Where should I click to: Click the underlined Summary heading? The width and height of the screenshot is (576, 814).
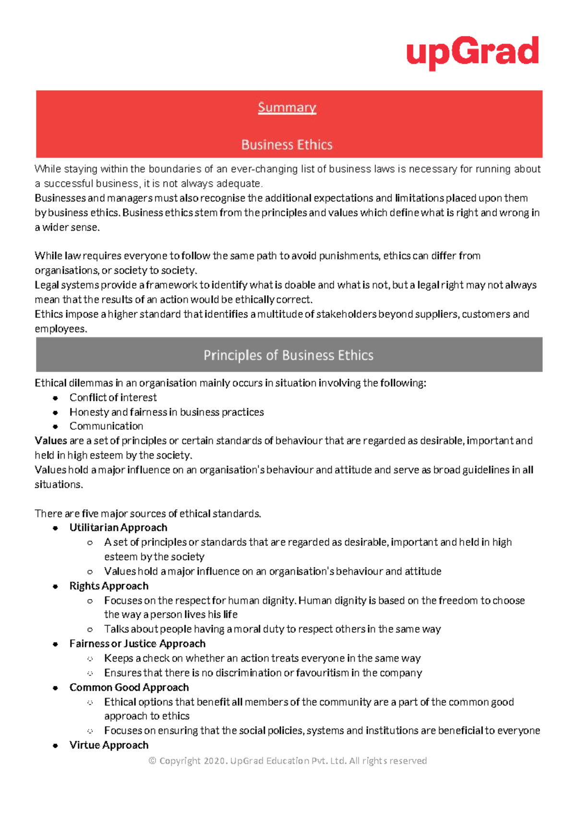[x=287, y=107]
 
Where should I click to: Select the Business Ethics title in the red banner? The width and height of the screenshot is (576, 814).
[x=287, y=144]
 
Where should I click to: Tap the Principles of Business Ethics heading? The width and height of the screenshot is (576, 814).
[x=288, y=355]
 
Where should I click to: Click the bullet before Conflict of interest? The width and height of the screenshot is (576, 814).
[x=56, y=398]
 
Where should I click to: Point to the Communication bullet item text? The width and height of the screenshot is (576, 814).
[x=106, y=426]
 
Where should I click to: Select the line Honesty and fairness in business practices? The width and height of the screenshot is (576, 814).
[x=167, y=412]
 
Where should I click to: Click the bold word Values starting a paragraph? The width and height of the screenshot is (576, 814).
[x=51, y=440]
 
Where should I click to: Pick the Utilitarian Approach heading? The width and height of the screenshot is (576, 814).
[x=118, y=528]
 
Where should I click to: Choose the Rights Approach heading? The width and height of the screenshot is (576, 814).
[x=109, y=586]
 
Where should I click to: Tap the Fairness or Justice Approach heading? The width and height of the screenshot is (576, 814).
[x=137, y=644]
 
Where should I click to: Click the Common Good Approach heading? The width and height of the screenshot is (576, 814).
[x=129, y=687]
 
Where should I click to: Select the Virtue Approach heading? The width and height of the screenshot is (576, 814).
[x=109, y=745]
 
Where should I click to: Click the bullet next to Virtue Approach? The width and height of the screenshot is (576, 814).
[x=56, y=745]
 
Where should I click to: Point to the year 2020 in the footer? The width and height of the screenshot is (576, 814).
[x=214, y=761]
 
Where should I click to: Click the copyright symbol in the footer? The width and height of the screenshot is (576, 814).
[x=153, y=761]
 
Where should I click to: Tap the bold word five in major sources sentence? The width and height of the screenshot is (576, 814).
[x=90, y=514]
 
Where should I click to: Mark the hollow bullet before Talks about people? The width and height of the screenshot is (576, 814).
[x=90, y=629]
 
